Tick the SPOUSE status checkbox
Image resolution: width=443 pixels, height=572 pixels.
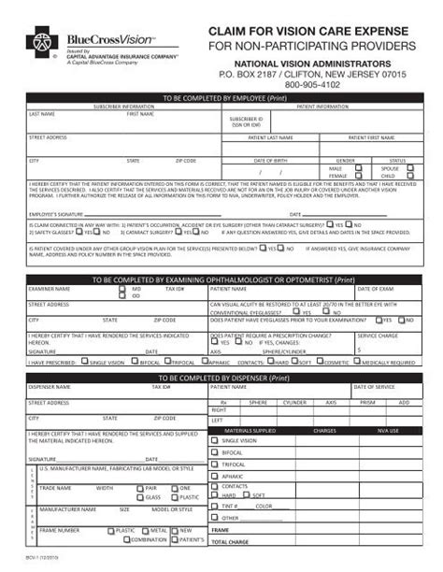[410, 167]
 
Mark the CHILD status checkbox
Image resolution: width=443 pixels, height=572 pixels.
[410, 175]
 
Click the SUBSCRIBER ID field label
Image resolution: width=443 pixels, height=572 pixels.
[247, 122]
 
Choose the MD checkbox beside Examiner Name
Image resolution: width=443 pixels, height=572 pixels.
[122, 290]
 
